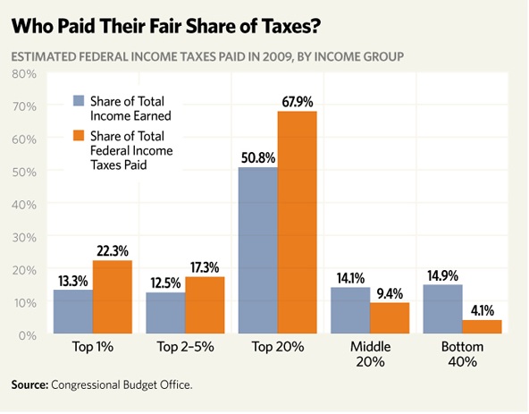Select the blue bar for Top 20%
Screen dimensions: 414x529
tap(257, 251)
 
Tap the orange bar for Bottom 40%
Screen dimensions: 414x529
tap(483, 327)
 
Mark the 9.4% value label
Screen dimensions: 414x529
tap(390, 292)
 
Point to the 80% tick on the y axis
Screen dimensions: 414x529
tap(22, 73)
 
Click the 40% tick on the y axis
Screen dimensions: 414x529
tap(22, 204)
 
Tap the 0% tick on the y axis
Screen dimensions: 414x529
tap(25, 334)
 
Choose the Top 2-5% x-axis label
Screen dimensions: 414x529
tap(185, 347)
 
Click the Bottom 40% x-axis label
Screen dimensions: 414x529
tap(462, 354)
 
